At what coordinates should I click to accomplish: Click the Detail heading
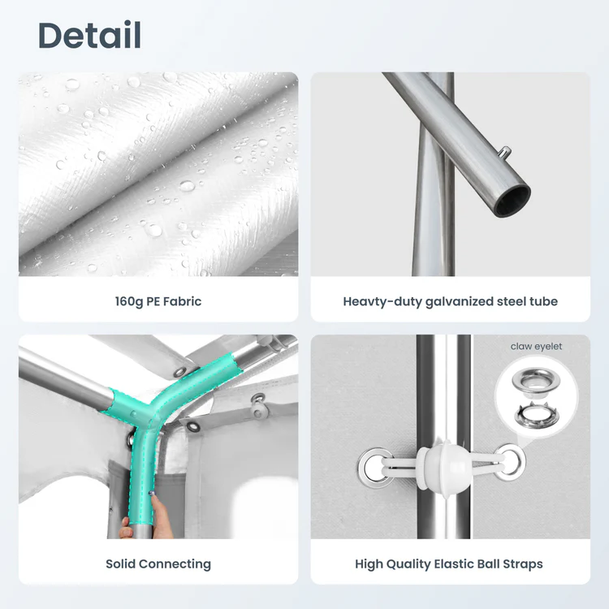tap(89, 35)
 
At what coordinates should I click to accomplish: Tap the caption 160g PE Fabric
tap(158, 301)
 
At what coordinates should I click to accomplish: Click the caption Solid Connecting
tap(158, 564)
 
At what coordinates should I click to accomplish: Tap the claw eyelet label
tap(537, 346)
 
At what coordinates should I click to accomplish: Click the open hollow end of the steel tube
tap(513, 201)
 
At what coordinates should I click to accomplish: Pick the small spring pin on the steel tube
tap(504, 152)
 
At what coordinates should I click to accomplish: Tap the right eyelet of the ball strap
tap(511, 461)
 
